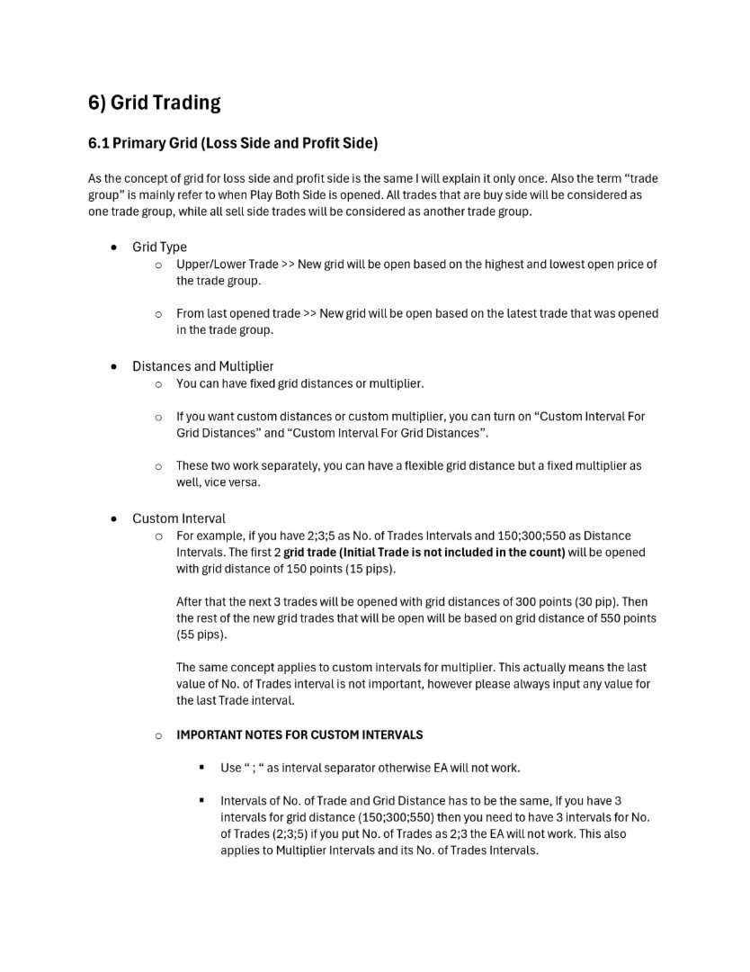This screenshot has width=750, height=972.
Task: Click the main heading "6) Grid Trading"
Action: click(x=154, y=103)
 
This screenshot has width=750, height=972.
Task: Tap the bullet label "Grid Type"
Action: click(x=159, y=247)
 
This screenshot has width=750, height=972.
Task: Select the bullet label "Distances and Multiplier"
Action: click(x=203, y=366)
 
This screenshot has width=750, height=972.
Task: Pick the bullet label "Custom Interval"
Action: click(x=179, y=518)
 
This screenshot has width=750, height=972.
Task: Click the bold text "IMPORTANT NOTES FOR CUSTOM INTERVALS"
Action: click(x=299, y=734)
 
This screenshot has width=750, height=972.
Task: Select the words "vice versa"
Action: click(x=241, y=482)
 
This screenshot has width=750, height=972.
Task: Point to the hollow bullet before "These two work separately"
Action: click(x=158, y=466)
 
